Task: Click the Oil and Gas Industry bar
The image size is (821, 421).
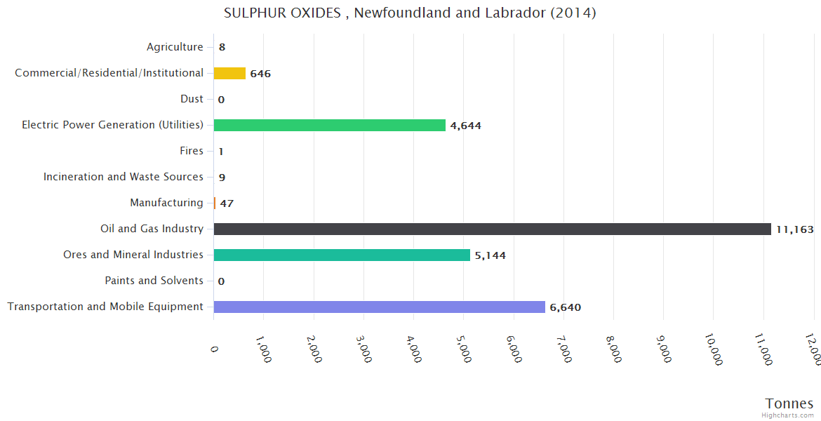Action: [492, 229]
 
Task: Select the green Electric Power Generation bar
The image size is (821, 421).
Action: [329, 125]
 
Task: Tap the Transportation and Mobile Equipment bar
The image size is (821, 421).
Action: [379, 307]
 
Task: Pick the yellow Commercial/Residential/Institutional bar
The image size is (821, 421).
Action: [229, 73]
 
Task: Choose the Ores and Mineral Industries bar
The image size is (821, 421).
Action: [342, 255]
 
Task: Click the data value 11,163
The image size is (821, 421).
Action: [794, 229]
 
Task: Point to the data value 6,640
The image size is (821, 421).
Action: [565, 307]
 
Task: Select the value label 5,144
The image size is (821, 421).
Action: [490, 255]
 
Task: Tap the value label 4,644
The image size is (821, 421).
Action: [465, 126]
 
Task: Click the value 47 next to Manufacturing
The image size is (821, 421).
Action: [227, 203]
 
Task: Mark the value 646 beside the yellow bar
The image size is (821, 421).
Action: [260, 74]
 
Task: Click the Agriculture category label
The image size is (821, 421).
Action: [175, 47]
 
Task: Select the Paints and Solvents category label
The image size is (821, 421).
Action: [154, 281]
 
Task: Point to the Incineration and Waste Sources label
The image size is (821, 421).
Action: [124, 177]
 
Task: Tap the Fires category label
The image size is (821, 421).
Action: [192, 151]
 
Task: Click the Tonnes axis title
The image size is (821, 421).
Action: [789, 403]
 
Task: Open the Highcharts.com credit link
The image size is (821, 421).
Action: [788, 415]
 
